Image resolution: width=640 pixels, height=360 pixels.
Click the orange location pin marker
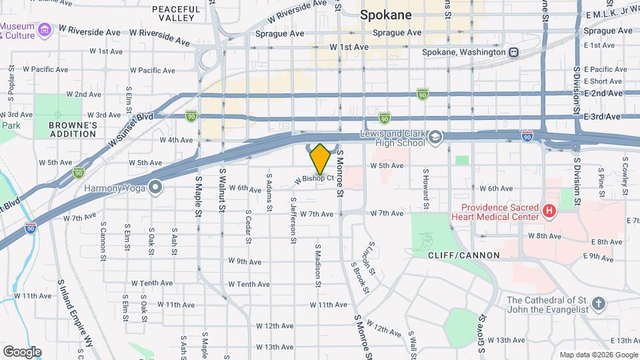tap(321, 159)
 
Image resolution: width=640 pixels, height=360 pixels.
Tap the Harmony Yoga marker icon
tap(155, 187)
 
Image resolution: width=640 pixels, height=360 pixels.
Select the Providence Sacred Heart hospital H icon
tap(549, 211)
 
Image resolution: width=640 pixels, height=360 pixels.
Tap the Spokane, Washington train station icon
tap(514, 52)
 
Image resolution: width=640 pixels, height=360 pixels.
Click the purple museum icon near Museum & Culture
tap(45, 30)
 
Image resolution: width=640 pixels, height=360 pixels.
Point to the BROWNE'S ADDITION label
tap(73, 129)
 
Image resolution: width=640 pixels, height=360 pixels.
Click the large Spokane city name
tap(386, 15)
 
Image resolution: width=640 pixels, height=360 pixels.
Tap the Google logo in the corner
tap(22, 351)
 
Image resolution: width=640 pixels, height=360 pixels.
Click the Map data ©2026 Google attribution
tap(598, 355)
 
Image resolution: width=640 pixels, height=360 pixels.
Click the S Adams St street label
tap(269, 193)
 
